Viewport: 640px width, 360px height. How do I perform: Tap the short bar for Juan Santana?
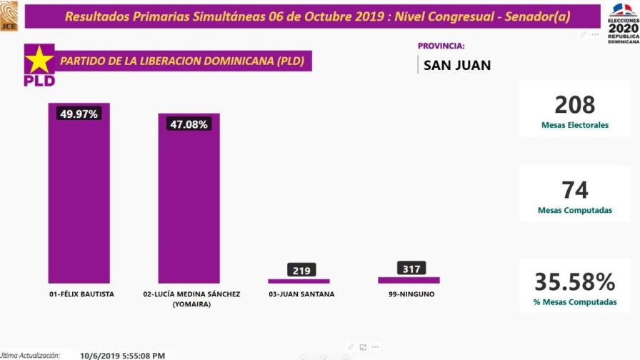pyautogui.click(x=299, y=281)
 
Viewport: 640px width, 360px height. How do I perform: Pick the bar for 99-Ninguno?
pyautogui.click(x=409, y=280)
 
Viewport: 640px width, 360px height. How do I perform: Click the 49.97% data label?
pyautogui.click(x=79, y=114)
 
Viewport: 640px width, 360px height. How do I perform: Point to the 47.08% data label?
pyautogui.click(x=189, y=124)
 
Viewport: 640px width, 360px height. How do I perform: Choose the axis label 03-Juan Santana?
pyautogui.click(x=301, y=294)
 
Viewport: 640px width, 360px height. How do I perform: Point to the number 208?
pyautogui.click(x=574, y=105)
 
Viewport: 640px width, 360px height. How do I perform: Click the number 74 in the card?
pyautogui.click(x=574, y=190)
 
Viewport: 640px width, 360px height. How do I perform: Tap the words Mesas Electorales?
pyautogui.click(x=574, y=125)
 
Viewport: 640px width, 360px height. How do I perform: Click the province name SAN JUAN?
pyautogui.click(x=457, y=66)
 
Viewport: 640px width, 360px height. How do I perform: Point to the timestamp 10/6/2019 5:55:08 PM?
pyautogui.click(x=124, y=354)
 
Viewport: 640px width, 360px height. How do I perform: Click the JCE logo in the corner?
pyautogui.click(x=9, y=16)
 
